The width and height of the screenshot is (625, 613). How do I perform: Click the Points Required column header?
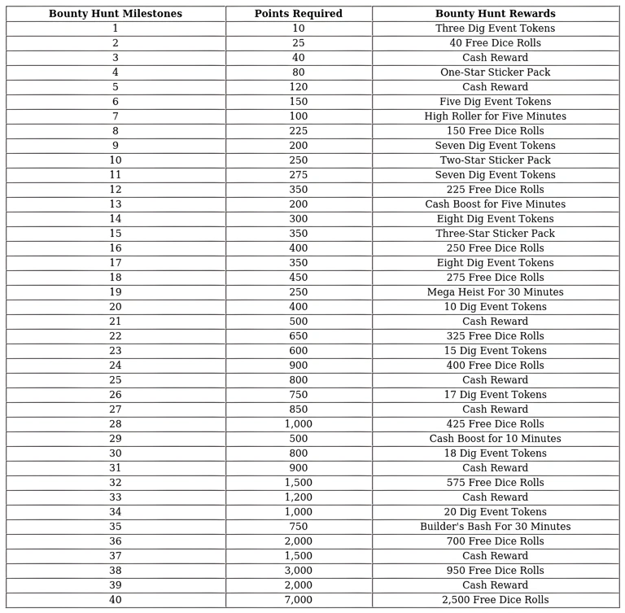(x=298, y=14)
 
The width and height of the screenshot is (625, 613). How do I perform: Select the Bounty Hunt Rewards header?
(x=495, y=14)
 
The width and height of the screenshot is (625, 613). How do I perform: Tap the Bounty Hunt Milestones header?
(x=116, y=14)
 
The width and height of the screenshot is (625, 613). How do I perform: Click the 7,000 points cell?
(x=298, y=600)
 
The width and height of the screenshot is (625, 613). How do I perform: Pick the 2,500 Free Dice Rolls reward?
(x=495, y=600)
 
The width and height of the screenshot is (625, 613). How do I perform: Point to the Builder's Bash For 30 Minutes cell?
(x=495, y=527)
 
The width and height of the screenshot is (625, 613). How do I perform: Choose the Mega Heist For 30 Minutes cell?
(x=495, y=292)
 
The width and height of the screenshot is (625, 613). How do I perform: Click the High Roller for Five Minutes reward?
(x=495, y=116)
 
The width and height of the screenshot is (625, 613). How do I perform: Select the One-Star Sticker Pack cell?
(x=495, y=72)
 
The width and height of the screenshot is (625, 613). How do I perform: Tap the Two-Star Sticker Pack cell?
(x=495, y=160)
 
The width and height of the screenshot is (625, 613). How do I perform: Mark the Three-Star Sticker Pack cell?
(x=495, y=234)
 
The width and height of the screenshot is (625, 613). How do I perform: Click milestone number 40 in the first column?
(x=116, y=600)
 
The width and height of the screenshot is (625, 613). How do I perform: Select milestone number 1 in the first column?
(x=116, y=28)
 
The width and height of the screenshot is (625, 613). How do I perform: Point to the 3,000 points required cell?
(x=298, y=571)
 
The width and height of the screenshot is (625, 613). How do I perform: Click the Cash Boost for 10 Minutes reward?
(x=495, y=439)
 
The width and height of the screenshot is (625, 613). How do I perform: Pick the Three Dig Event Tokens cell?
(x=495, y=28)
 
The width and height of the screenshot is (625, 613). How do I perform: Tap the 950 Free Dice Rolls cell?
(x=495, y=571)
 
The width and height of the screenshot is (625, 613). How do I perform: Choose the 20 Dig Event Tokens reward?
(x=495, y=512)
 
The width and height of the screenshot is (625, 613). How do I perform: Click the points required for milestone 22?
(x=298, y=336)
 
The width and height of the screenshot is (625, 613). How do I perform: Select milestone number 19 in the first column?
(x=116, y=292)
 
